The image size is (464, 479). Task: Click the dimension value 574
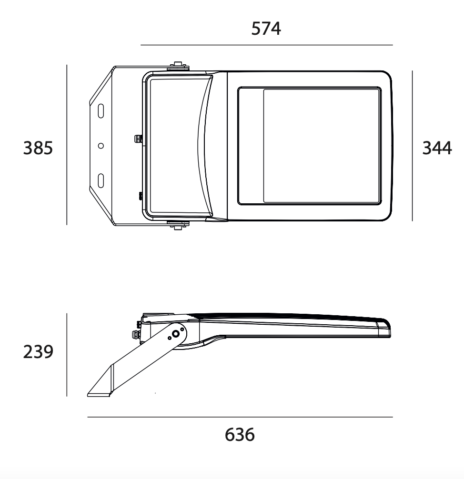coord(266,29)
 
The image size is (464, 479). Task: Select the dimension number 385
coord(38,149)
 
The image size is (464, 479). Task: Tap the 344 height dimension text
coord(437,149)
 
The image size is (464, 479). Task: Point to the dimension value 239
coord(38,353)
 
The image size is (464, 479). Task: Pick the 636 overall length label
coord(240,435)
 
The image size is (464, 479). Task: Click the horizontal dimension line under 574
coord(266,45)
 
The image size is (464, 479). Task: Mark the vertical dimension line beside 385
coord(67,145)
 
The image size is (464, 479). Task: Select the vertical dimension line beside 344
coord(413,146)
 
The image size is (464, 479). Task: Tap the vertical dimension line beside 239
coord(67,355)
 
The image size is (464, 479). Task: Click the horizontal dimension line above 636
coord(240,417)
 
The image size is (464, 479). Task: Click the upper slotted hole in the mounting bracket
coord(101,111)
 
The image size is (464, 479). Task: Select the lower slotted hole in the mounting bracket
coord(101,180)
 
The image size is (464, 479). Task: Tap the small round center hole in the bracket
coord(101,146)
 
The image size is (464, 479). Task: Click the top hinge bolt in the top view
coord(178,65)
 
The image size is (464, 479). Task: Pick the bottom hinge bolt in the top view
coord(178,226)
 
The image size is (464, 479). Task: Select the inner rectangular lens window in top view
coord(322,146)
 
